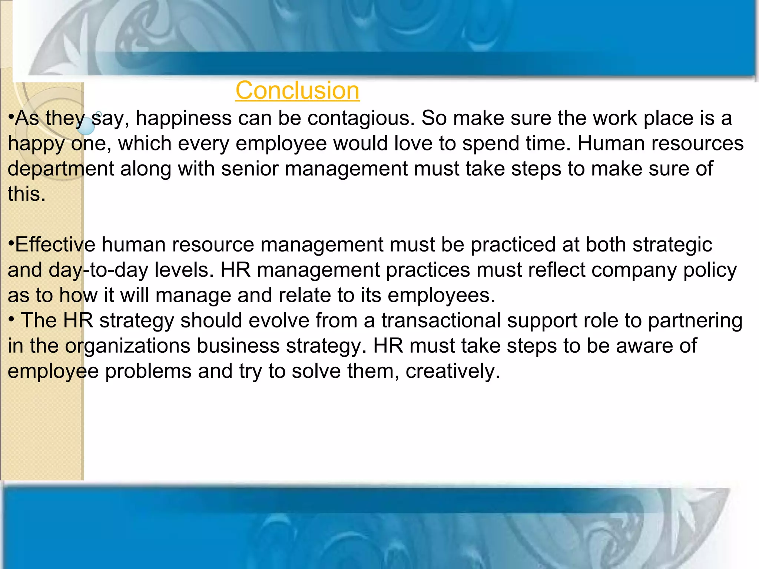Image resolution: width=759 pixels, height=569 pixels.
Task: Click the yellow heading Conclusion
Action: click(x=297, y=90)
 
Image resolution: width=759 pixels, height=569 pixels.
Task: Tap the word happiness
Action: click(x=183, y=119)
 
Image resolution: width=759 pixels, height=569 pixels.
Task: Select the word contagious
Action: click(x=361, y=119)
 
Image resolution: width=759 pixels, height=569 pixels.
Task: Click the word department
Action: click(x=61, y=169)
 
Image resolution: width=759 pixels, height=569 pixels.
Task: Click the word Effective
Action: click(x=55, y=245)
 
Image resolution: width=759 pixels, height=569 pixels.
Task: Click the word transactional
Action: click(x=441, y=321)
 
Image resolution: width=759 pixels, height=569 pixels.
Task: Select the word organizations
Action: click(x=127, y=346)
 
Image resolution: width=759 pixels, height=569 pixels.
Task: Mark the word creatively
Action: click(x=453, y=371)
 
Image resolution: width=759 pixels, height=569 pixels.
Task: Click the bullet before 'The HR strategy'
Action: click(x=12, y=319)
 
